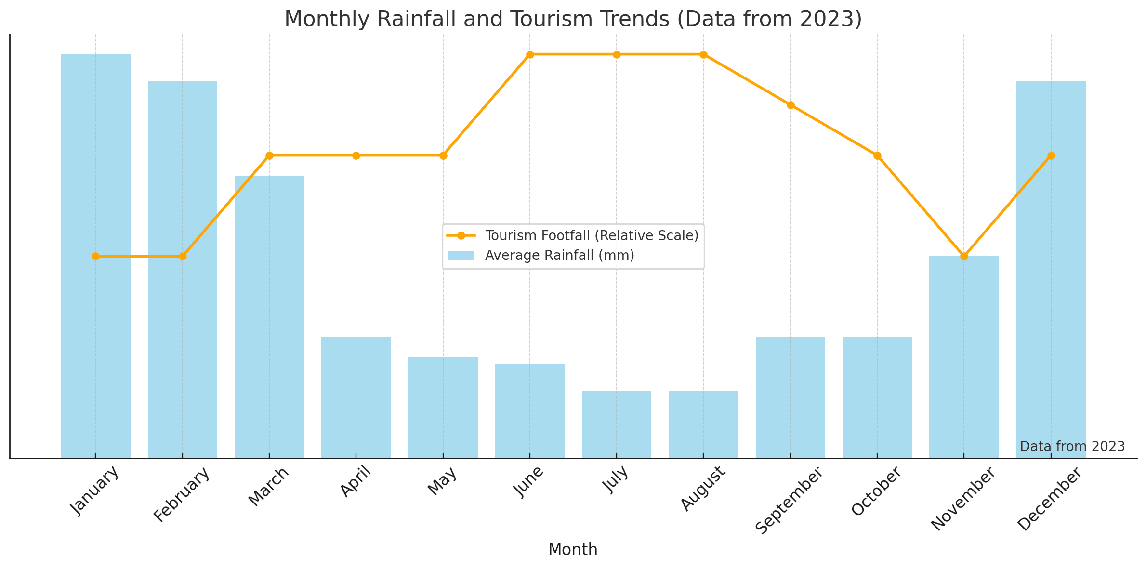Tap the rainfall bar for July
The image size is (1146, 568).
click(617, 424)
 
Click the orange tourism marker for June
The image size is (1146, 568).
click(530, 54)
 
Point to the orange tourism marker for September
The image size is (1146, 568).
click(790, 105)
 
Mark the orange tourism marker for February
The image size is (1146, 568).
click(183, 256)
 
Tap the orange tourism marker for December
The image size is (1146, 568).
click(1051, 155)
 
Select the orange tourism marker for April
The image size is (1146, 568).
click(356, 155)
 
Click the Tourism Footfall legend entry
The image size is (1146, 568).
click(592, 236)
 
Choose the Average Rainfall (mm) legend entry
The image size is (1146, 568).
click(559, 256)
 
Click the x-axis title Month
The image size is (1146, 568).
click(573, 550)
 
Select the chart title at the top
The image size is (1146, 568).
click(573, 19)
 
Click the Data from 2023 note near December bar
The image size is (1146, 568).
click(1072, 447)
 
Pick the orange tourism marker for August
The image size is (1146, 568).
click(704, 54)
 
